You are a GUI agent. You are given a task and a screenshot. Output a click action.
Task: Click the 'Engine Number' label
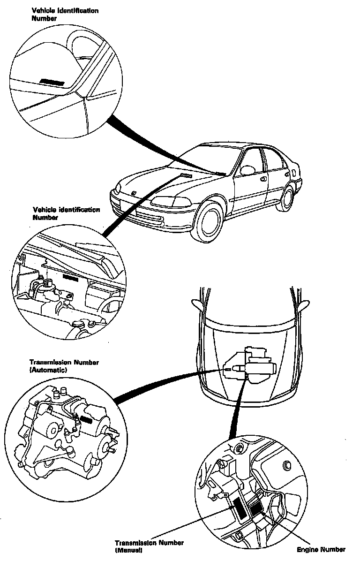point(321,549)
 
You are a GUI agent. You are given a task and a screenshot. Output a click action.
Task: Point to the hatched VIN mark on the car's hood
point(186,175)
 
